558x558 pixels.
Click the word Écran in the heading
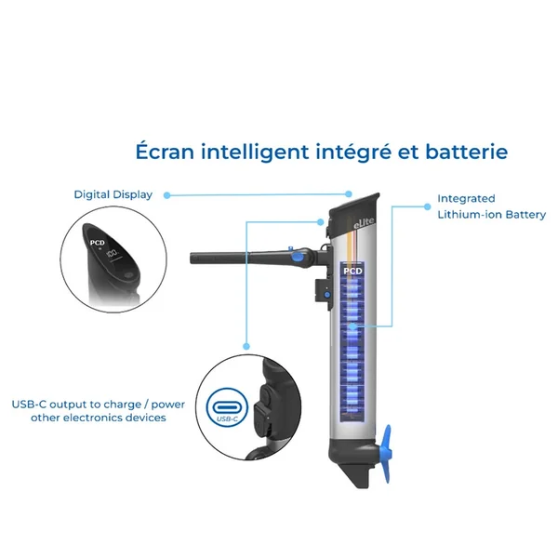point(165,151)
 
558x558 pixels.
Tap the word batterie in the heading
point(467,152)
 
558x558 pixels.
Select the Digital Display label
point(113,194)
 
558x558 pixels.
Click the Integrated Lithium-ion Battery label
point(491,206)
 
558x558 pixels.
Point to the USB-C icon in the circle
point(227,406)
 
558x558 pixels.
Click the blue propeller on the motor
point(387,453)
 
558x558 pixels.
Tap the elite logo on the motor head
point(364,223)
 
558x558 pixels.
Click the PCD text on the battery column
point(352,272)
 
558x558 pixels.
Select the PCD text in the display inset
point(97,243)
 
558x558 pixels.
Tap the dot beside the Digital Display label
point(166,195)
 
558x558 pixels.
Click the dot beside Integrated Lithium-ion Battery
point(428,206)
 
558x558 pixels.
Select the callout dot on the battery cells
point(352,326)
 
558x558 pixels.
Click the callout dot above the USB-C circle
point(246,346)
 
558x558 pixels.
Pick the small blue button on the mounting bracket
point(327,295)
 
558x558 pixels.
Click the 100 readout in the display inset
point(113,254)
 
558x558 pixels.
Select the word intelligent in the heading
point(255,152)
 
